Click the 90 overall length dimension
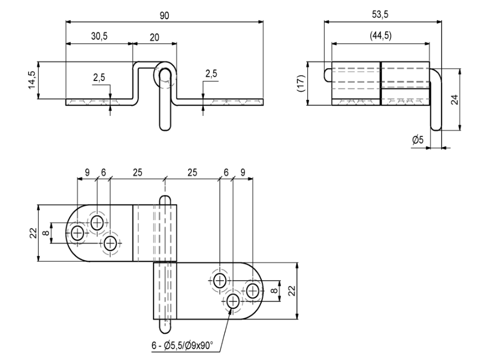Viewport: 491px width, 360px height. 164,16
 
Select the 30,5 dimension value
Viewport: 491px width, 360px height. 99,36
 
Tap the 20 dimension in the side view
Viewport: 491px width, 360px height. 155,38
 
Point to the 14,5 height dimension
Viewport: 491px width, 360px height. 32,79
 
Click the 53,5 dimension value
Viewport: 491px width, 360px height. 380,14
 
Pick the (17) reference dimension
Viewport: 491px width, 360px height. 301,83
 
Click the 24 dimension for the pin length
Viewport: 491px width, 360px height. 455,100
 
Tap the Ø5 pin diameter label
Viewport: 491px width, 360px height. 417,139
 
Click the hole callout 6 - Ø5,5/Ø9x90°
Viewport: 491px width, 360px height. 182,346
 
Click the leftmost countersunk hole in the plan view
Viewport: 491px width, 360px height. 77,233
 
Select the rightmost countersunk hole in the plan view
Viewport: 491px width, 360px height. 252,291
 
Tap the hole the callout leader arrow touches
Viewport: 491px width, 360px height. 233,302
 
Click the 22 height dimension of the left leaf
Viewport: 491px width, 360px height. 33,233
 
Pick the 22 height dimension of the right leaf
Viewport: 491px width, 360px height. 292,290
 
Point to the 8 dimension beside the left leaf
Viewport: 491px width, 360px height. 46,233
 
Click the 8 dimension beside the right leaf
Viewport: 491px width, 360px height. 274,290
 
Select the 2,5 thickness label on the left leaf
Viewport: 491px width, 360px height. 99,78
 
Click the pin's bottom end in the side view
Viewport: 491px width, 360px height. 165,127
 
